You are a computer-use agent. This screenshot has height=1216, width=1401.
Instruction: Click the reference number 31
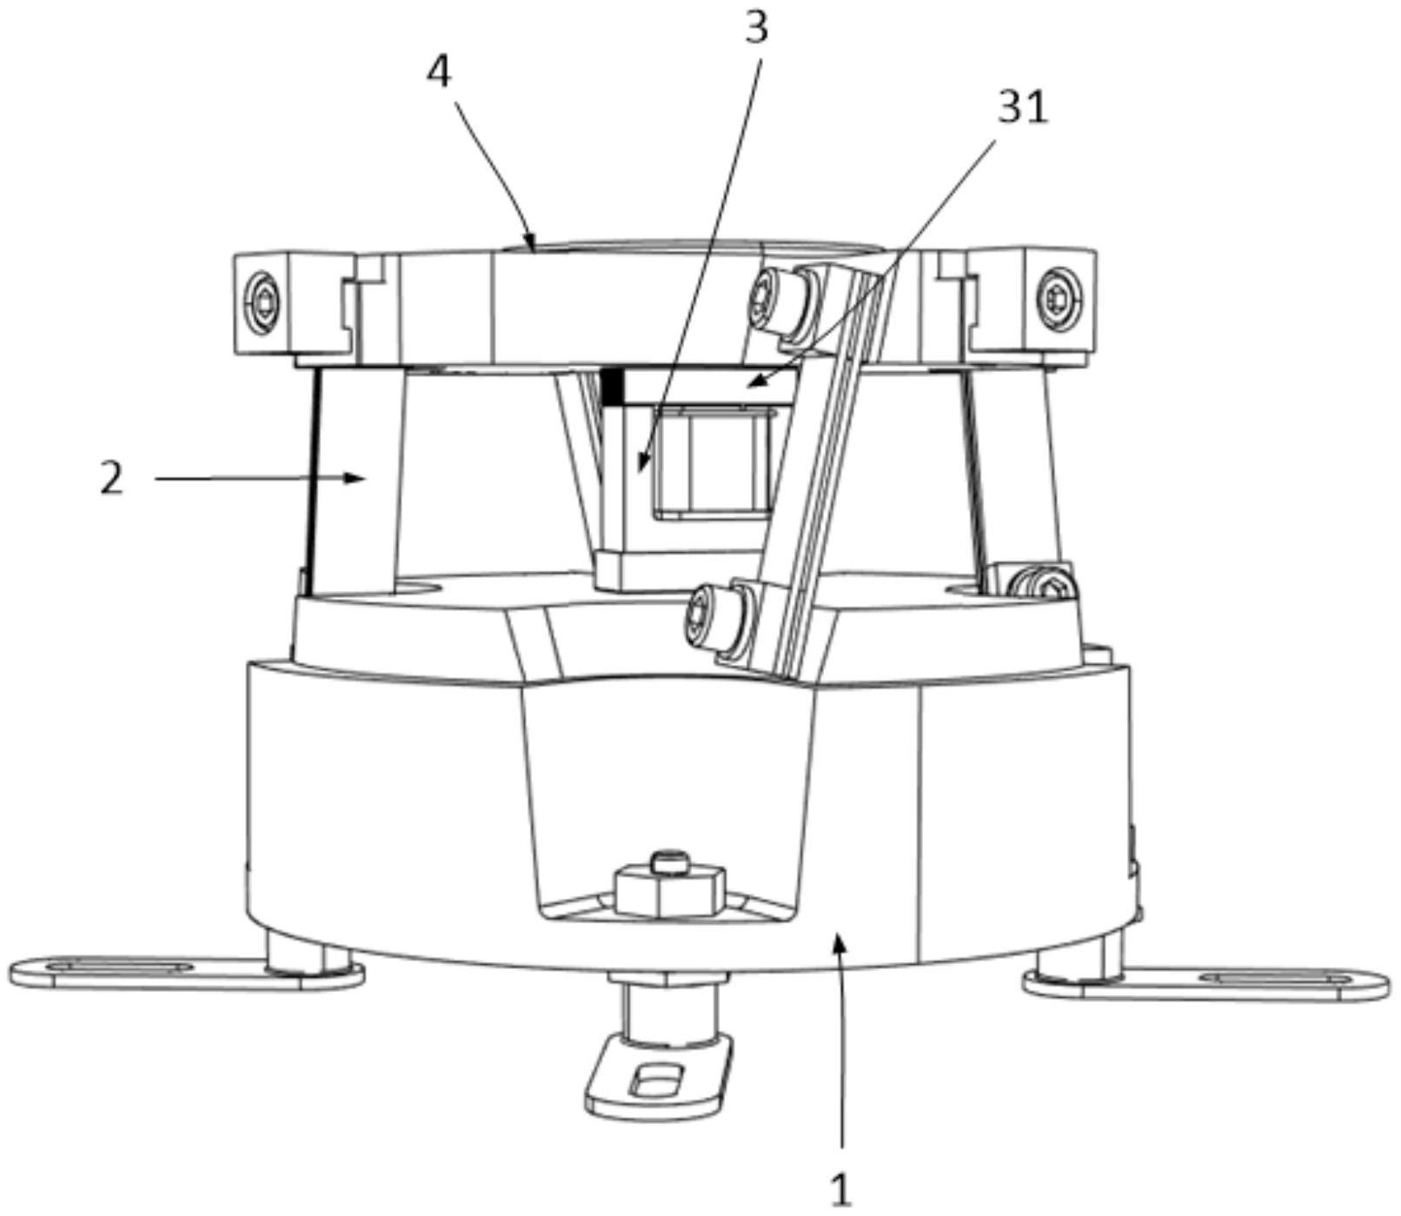(x=1023, y=109)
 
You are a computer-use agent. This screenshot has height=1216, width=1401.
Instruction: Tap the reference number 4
(x=439, y=72)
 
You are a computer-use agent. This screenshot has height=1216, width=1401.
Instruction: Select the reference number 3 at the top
(x=757, y=28)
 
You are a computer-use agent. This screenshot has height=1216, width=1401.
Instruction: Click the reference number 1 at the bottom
(x=840, y=1189)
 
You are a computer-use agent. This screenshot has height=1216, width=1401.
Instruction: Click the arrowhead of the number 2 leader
(x=355, y=477)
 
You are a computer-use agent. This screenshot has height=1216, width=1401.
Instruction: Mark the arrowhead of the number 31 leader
(x=754, y=381)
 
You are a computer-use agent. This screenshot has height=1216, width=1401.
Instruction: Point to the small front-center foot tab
(x=659, y=1077)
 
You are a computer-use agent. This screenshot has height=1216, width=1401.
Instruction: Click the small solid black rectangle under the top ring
(x=614, y=386)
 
